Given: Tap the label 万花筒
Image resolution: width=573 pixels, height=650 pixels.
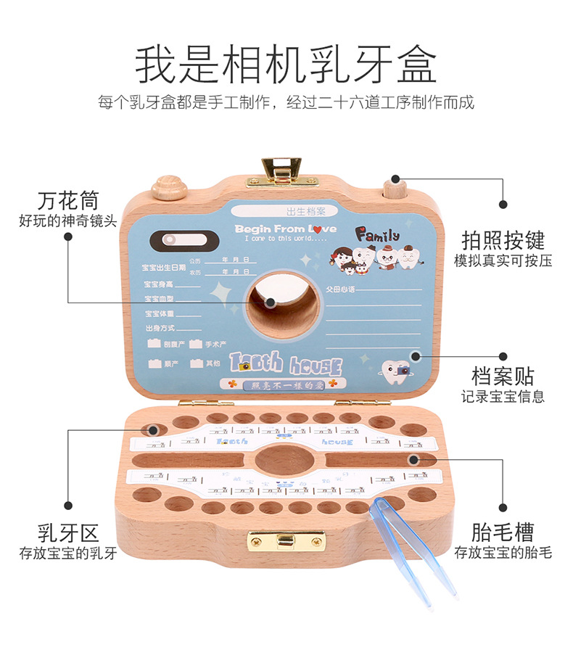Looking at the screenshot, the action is pyautogui.click(x=67, y=200).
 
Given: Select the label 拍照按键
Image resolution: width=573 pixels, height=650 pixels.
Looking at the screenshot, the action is pyautogui.click(x=503, y=240).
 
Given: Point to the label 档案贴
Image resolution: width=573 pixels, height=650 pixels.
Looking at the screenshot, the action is pyautogui.click(x=503, y=377).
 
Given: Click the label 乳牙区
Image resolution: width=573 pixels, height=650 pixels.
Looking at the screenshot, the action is pyautogui.click(x=67, y=534).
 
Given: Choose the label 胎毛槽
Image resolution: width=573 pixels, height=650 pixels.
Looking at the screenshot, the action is pyautogui.click(x=503, y=532).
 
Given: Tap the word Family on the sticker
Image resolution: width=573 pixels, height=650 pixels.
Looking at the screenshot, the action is pyautogui.click(x=377, y=235).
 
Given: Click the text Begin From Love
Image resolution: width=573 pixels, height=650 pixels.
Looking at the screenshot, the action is pyautogui.click(x=285, y=229).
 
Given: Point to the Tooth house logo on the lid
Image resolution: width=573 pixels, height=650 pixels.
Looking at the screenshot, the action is pyautogui.click(x=285, y=363).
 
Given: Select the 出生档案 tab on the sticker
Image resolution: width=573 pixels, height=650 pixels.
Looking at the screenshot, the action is pyautogui.click(x=306, y=212).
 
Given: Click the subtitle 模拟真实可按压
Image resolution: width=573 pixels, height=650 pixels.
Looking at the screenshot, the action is pyautogui.click(x=503, y=260).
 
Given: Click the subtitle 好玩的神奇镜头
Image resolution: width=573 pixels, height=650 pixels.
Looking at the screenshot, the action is pyautogui.click(x=67, y=221).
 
